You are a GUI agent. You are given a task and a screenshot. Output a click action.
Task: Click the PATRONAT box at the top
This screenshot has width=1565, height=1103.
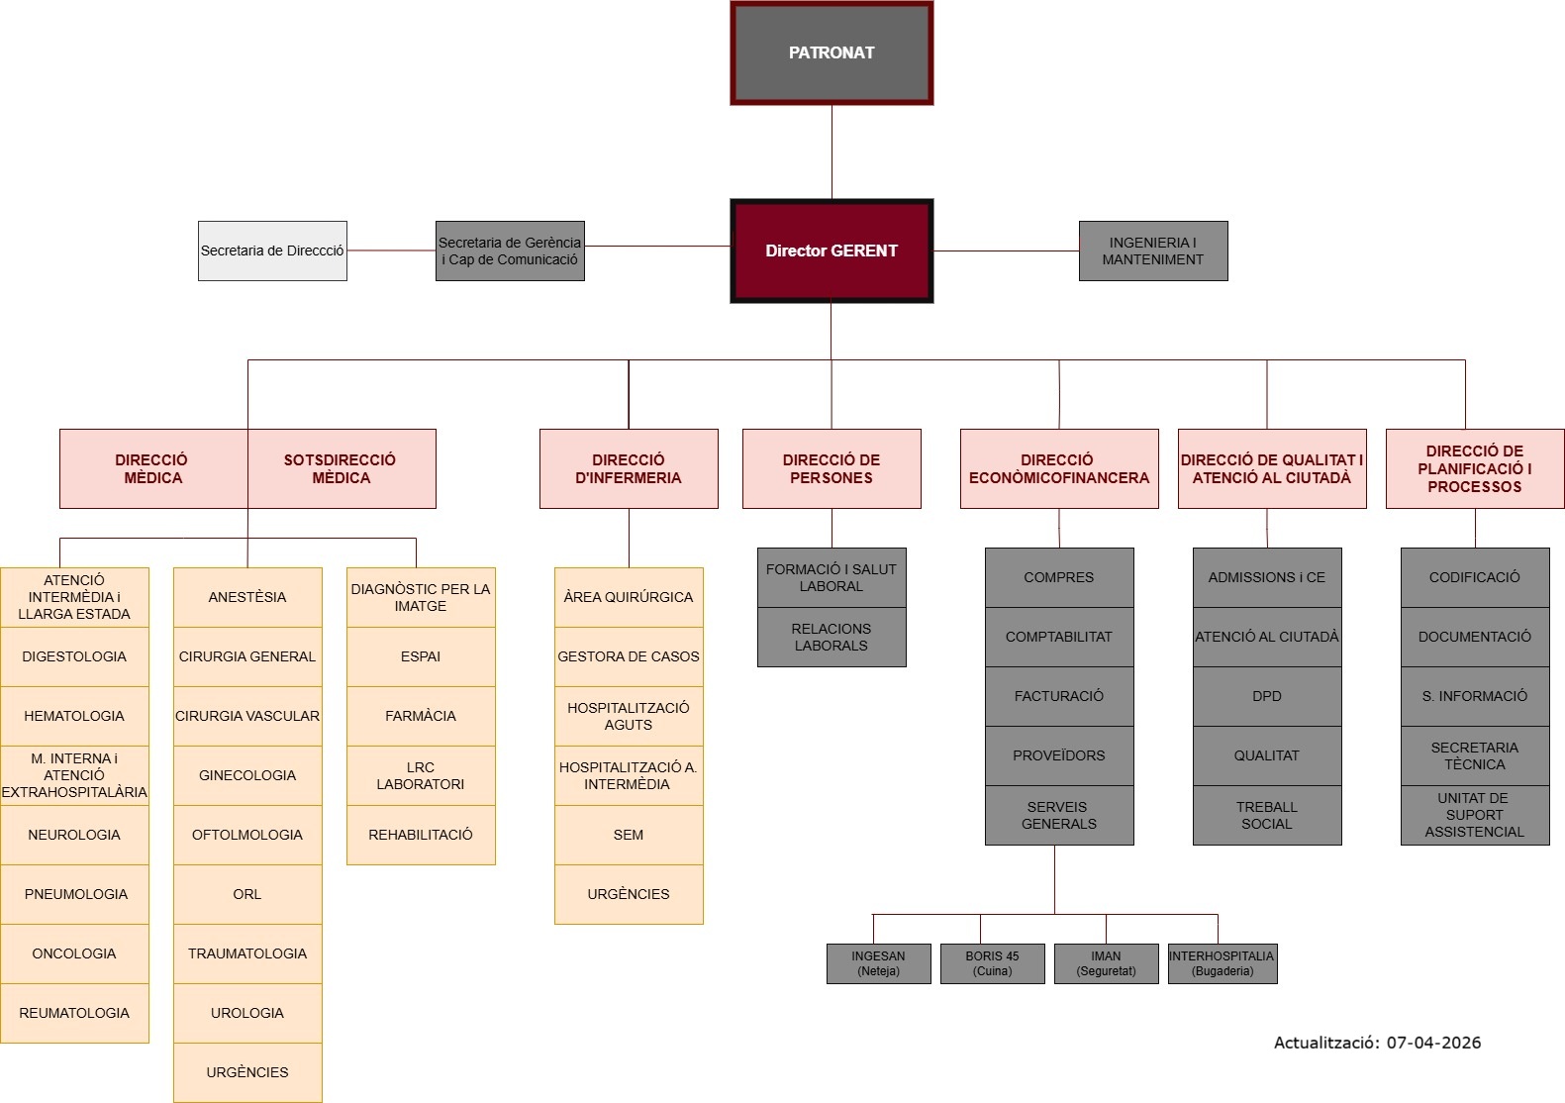pos(831,53)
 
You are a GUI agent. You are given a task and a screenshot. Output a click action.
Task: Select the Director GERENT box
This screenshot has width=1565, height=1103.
pos(831,251)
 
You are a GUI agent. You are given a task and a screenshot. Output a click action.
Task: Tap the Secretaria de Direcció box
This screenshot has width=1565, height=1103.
pos(272,251)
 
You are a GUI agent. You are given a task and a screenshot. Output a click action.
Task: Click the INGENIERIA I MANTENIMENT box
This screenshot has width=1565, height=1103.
pos(1153,251)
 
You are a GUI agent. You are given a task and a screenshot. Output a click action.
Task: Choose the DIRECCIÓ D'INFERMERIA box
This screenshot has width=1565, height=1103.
pos(629,468)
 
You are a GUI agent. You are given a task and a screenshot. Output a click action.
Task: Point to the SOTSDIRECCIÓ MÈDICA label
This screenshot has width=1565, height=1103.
pos(341,468)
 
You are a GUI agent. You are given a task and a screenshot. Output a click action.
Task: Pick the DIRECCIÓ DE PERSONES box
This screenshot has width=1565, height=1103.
pos(831,468)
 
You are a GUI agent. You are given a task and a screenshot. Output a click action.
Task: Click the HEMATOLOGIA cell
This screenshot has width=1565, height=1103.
pos(74,716)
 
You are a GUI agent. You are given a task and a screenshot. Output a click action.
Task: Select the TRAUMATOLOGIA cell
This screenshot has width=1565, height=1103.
pos(247,953)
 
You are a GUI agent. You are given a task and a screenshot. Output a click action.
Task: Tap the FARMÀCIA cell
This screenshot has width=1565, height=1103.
pos(421,716)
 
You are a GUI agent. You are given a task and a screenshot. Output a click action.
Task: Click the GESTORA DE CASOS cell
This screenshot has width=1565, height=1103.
pos(629,656)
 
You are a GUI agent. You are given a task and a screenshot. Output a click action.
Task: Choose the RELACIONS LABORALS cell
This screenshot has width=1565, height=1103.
pos(831,637)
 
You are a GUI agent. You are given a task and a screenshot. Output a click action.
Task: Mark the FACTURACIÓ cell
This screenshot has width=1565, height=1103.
pos(1059,696)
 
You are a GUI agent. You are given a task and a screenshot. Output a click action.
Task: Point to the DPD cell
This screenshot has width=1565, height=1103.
pos(1267,696)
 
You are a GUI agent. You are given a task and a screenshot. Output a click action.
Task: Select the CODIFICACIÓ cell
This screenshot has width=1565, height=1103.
pos(1475,577)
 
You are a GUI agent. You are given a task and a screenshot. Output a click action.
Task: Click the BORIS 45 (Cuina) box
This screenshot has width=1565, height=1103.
pos(992,963)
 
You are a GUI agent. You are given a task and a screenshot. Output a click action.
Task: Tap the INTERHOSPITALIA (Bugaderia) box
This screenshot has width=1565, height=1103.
pos(1223,963)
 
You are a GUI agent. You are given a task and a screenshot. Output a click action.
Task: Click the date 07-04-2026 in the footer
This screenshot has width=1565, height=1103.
pos(1433,1042)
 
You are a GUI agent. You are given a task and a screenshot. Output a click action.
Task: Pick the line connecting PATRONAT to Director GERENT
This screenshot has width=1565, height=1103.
pos(831,151)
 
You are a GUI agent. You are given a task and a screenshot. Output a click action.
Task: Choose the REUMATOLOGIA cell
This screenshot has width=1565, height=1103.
pos(74,1013)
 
